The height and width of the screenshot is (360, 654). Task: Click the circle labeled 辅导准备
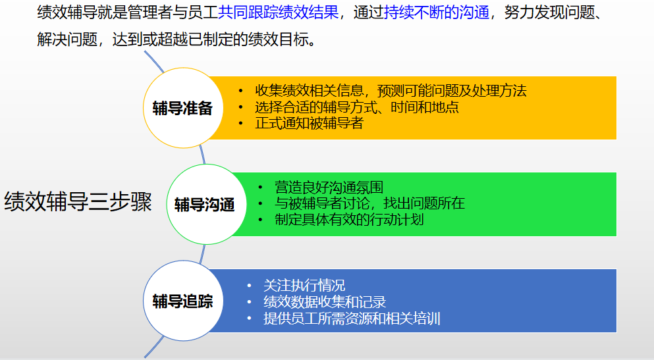[x=183, y=108]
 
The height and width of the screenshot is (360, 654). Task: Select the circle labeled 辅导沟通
[x=206, y=204]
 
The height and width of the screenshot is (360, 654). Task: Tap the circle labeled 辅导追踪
[x=183, y=301]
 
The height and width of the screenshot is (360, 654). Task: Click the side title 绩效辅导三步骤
[x=78, y=201]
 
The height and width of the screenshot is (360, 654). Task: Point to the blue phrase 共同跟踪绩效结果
[x=278, y=13]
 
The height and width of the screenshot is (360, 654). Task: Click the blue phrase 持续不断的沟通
[x=437, y=13]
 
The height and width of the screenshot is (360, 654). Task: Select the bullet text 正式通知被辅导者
[x=309, y=123]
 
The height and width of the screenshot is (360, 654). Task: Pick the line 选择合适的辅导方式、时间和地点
[x=356, y=107]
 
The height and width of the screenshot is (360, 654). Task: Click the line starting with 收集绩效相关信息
[x=391, y=91]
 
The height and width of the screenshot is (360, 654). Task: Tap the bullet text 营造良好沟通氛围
[x=329, y=188]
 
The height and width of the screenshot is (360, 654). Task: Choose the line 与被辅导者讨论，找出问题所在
[x=369, y=203]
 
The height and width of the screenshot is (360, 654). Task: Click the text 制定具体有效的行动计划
[x=349, y=220]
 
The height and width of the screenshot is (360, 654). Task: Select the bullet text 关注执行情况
[x=304, y=286]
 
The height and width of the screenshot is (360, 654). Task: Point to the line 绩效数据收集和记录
[x=325, y=302]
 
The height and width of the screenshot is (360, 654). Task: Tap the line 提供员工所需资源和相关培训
[x=352, y=319]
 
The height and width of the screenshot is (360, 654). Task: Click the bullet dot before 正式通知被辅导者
[x=240, y=124]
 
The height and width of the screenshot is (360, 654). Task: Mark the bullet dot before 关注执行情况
[x=249, y=286]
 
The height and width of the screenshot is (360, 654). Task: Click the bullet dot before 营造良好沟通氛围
[x=260, y=188]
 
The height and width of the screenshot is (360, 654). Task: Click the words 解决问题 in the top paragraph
[x=67, y=39]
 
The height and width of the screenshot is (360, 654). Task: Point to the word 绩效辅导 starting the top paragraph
[x=67, y=13]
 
